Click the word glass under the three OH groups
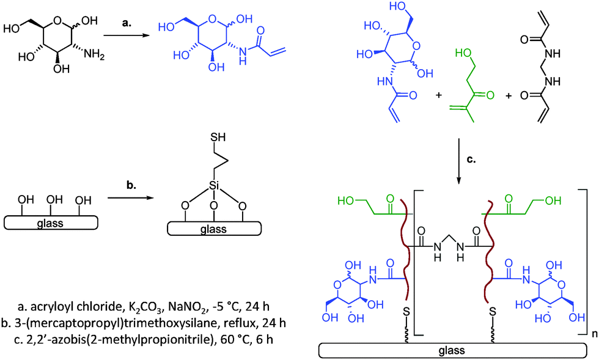(51, 222)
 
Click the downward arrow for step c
(458, 163)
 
